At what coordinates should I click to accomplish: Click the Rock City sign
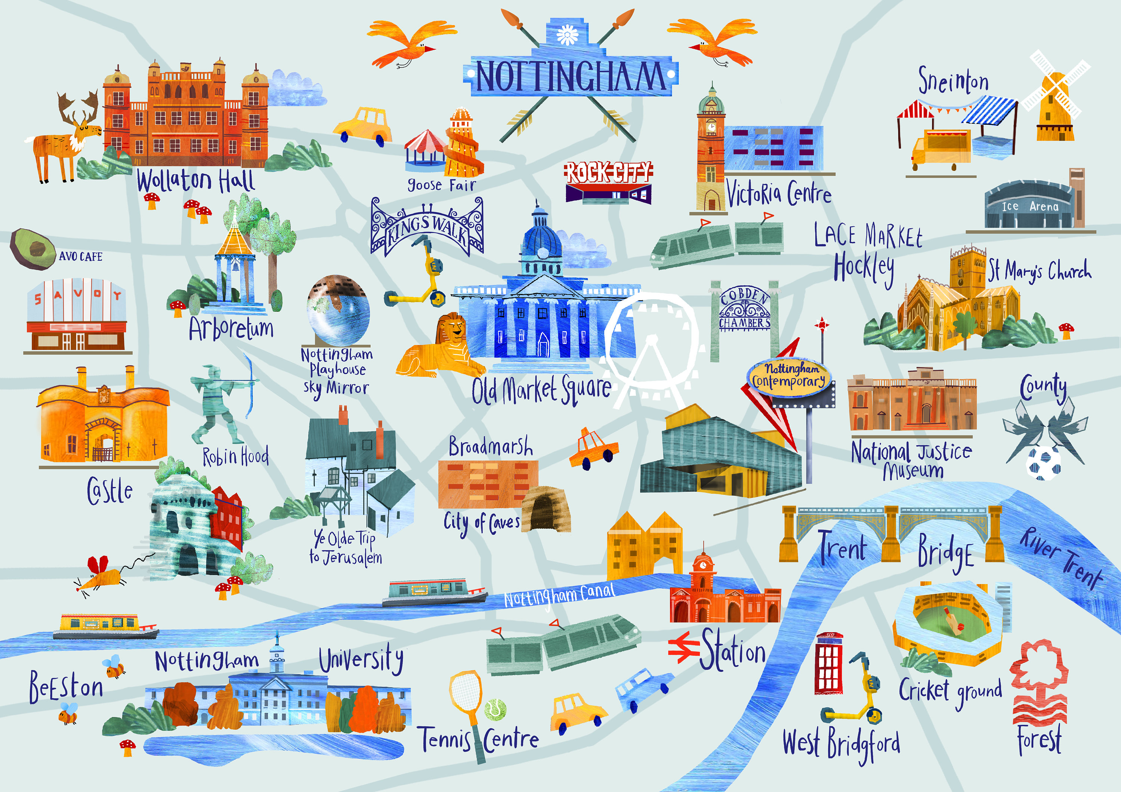[608, 173]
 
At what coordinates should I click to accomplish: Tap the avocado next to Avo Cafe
[33, 249]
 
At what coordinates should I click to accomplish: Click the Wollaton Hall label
[195, 181]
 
